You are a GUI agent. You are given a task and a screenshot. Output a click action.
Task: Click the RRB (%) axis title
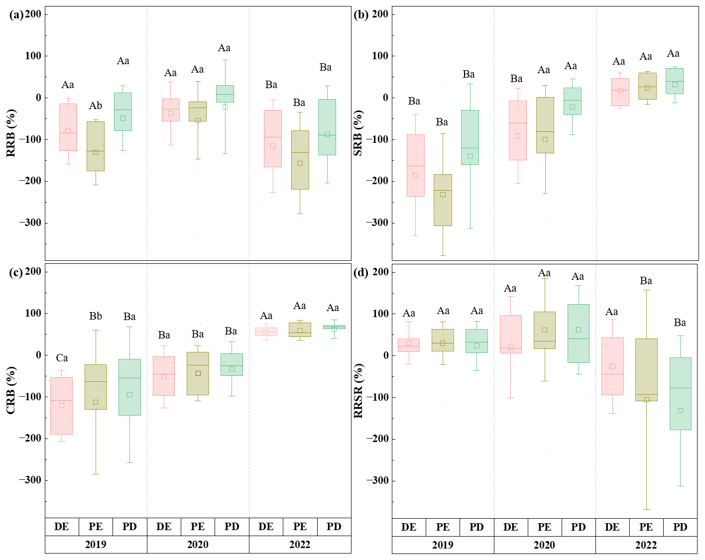coord(11,133)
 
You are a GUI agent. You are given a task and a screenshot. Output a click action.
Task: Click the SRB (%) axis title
coord(358,133)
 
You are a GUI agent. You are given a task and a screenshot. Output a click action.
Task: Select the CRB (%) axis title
coord(10,390)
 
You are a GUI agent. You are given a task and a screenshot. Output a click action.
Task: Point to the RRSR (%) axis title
coord(358,391)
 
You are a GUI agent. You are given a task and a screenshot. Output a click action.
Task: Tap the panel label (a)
coord(16,14)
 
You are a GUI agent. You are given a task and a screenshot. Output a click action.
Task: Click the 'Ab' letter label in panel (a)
coord(96,106)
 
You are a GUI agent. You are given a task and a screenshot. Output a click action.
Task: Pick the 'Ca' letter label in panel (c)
coord(62,358)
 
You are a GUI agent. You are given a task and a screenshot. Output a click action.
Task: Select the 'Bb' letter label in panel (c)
coord(96,316)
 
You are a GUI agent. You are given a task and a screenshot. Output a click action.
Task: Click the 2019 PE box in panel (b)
coord(443,200)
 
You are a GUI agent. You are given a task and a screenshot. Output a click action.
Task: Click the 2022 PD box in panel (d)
coord(680,393)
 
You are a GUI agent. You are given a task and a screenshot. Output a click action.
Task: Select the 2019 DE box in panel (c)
coord(62,406)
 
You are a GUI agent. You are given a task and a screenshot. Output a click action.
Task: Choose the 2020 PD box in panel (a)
coord(225,94)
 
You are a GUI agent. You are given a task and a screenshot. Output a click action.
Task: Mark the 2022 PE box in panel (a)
coord(300,160)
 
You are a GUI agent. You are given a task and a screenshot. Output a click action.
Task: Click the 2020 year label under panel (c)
coord(198,545)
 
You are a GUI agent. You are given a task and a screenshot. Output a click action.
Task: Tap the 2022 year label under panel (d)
coord(646,545)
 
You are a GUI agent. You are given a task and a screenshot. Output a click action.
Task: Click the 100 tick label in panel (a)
coord(33,56)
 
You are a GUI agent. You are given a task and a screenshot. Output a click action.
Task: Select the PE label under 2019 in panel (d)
coord(443,527)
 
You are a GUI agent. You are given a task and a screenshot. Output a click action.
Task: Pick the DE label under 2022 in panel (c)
coord(266,527)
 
